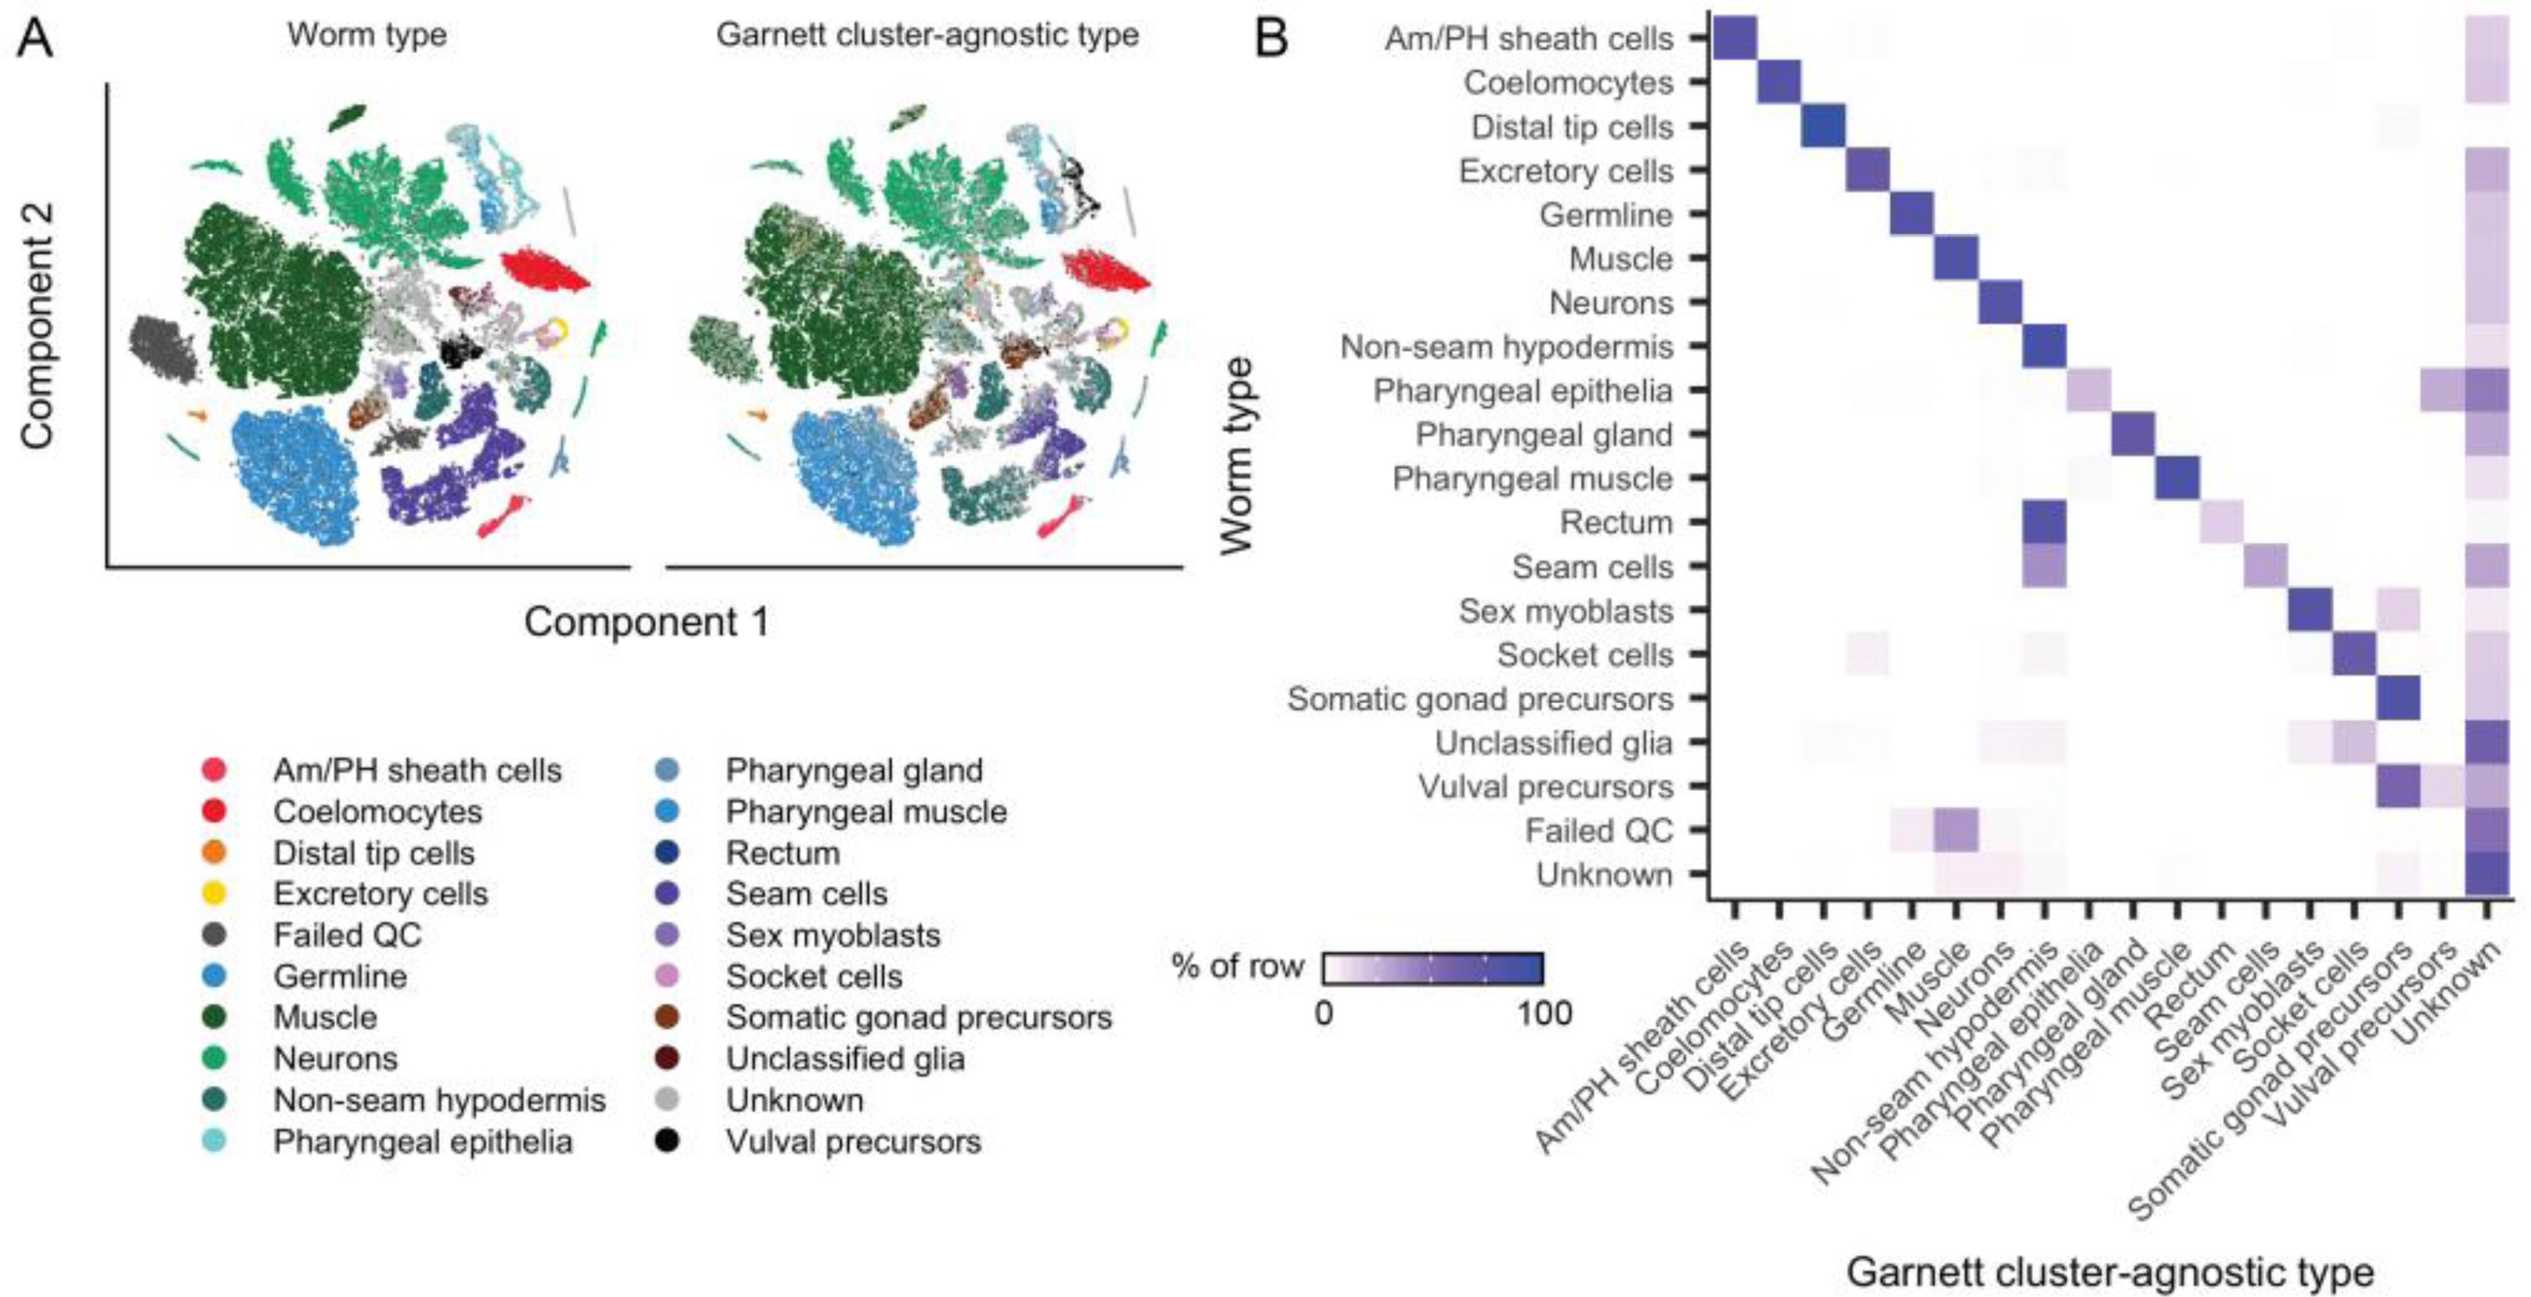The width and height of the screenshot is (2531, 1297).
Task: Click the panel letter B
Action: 1271,40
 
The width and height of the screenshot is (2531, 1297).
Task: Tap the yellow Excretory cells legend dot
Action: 213,893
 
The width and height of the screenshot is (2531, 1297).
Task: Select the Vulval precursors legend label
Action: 853,1141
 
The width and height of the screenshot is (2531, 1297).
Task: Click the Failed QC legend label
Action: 347,934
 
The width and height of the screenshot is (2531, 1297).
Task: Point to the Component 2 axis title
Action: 37,325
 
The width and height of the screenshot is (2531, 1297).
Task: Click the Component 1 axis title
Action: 645,622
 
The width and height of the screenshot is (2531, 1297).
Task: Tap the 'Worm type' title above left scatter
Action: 367,36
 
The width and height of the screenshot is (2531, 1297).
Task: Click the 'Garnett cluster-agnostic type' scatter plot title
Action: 927,36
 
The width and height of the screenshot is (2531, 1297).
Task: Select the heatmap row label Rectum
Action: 1616,522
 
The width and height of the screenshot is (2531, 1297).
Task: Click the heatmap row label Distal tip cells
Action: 1571,127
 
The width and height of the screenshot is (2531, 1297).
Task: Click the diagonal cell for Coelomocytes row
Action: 1779,82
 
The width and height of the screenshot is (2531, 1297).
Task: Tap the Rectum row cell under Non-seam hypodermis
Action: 2044,522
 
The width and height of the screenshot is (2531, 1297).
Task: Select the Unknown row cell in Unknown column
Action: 2487,874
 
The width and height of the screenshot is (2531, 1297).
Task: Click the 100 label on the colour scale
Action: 1543,1013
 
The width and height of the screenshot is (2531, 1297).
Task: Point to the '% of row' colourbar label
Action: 1237,967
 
